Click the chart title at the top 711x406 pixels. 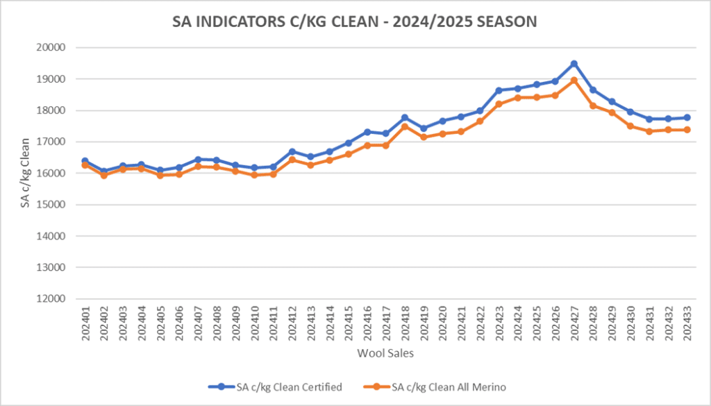pyautogui.click(x=355, y=22)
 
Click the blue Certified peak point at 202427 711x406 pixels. pyautogui.click(x=574, y=64)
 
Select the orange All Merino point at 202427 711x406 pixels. pyautogui.click(x=574, y=81)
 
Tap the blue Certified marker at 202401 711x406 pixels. pyautogui.click(x=85, y=161)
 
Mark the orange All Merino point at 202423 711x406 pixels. pyautogui.click(x=499, y=104)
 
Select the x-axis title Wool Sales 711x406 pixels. pyautogui.click(x=386, y=353)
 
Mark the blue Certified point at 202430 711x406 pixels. pyautogui.click(x=630, y=112)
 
